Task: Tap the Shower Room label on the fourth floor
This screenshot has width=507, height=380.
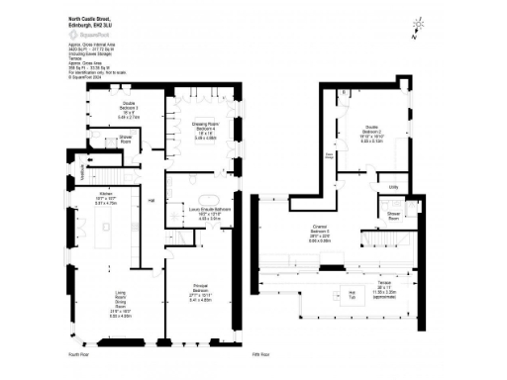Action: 126,141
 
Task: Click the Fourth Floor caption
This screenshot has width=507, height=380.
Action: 79,353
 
